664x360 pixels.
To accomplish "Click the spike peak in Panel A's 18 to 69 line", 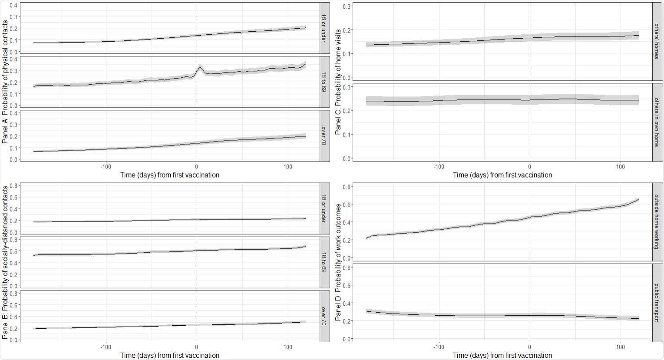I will click(x=200, y=67).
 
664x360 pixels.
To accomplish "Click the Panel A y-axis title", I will click(x=5, y=82).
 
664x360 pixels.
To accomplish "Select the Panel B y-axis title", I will click(x=5, y=262).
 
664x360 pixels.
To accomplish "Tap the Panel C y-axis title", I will click(x=338, y=82).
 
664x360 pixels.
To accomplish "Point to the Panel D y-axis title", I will click(x=338, y=263).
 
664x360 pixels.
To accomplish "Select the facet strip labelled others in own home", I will click(x=658, y=122).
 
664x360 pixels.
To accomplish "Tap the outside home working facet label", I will click(x=658, y=221).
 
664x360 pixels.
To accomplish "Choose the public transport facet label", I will click(x=658, y=303).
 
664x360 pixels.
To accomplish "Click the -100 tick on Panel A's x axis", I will click(x=106, y=166).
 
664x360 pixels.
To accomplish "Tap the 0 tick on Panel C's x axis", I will click(x=530, y=166).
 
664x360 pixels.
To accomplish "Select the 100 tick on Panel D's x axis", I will click(x=621, y=347).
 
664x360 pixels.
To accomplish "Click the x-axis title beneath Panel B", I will click(x=170, y=355).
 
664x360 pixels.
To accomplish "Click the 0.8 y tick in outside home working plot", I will click(x=347, y=187).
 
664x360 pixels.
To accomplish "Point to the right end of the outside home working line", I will click(x=638, y=199).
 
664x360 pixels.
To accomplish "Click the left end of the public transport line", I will click(x=367, y=311).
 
